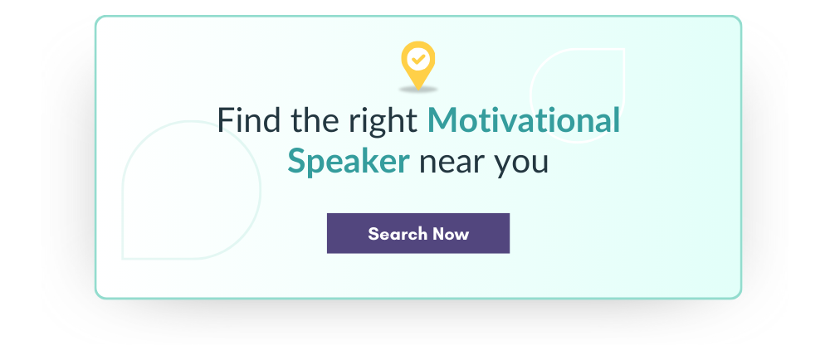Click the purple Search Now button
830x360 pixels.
click(418, 233)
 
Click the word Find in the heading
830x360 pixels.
click(249, 119)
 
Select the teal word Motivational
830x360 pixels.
click(524, 119)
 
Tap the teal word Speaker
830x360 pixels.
click(349, 162)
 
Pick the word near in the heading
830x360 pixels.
click(452, 164)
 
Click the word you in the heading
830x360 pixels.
click(521, 166)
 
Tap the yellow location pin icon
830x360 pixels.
click(418, 65)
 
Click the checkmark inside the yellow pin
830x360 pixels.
click(418, 59)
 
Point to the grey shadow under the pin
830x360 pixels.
click(418, 90)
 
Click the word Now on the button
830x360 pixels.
click(451, 234)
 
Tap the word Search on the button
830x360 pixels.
click(398, 234)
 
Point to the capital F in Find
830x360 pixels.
click(226, 120)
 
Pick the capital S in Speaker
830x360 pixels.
click(298, 162)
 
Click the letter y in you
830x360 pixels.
click(503, 168)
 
